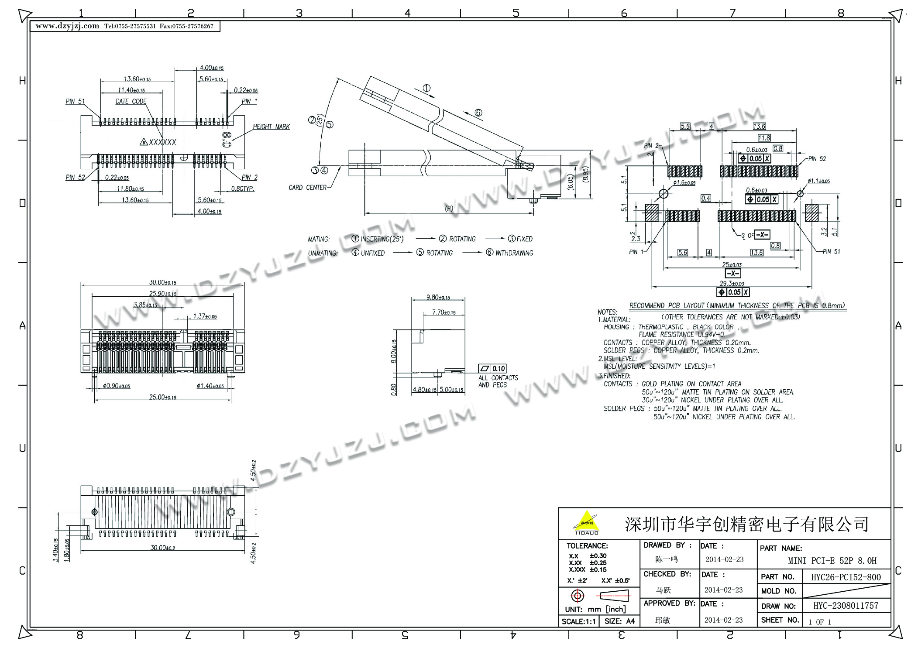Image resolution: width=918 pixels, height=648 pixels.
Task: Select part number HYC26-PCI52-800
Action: [x=846, y=577]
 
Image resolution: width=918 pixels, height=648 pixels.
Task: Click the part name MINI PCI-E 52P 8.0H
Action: [x=832, y=561]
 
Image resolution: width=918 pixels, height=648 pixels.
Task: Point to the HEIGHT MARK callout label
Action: [x=271, y=127]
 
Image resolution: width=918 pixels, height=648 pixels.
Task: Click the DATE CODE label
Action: [x=131, y=101]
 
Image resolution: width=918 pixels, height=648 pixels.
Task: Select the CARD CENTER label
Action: [x=307, y=188]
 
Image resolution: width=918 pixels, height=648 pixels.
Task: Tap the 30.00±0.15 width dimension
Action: [x=162, y=282]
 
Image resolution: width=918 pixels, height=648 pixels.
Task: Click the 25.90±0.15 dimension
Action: [x=162, y=294]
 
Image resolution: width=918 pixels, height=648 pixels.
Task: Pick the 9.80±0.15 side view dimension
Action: [x=438, y=298]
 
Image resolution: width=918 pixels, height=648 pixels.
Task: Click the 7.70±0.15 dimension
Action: [x=444, y=312]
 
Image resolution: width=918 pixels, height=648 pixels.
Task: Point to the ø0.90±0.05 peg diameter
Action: [x=117, y=386]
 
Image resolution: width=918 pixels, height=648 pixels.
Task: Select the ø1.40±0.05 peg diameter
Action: [x=210, y=386]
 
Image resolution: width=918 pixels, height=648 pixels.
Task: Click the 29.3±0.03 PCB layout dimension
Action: [x=732, y=284]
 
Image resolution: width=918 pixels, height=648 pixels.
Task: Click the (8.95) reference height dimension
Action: [x=585, y=175]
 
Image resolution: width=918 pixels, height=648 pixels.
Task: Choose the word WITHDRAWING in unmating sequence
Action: [x=514, y=253]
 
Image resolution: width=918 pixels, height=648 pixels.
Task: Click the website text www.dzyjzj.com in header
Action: [x=67, y=26]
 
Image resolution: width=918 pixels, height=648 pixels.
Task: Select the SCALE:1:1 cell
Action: [x=578, y=621]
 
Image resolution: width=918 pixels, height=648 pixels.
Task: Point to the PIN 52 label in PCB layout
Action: [x=817, y=159]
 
